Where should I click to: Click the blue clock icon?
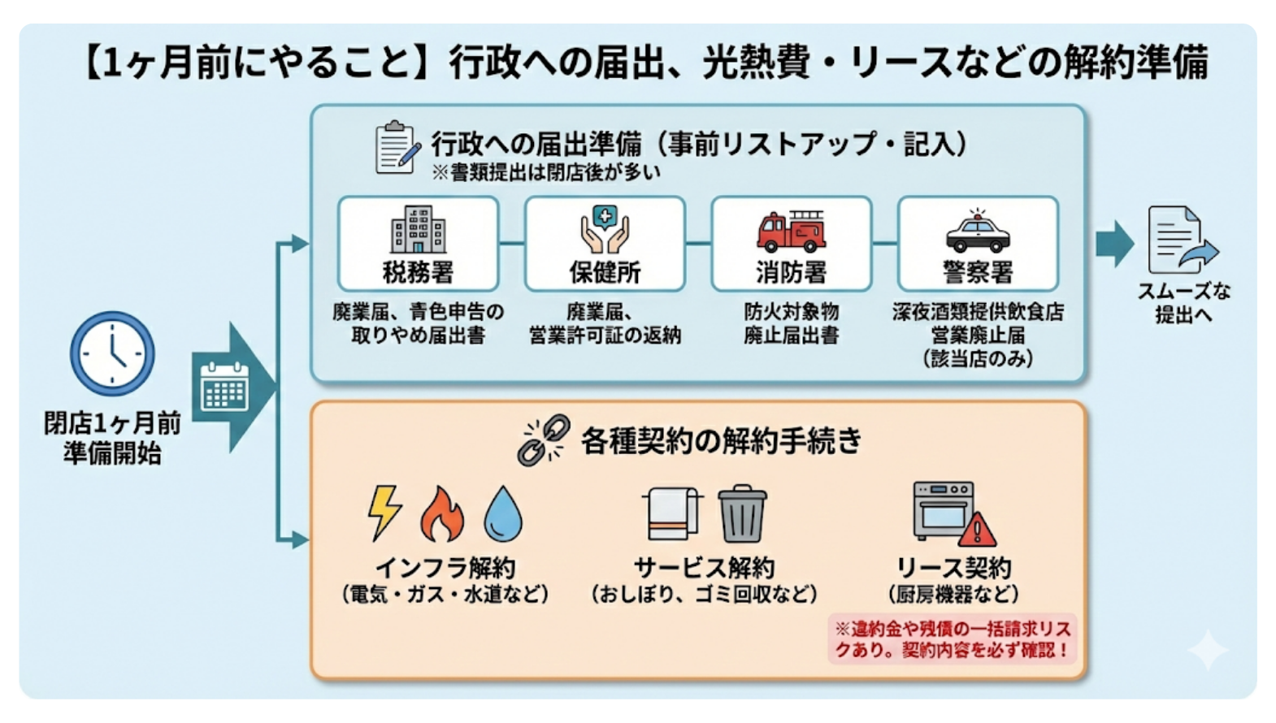112,353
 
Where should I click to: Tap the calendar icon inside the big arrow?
224,387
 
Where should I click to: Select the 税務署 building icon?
418,229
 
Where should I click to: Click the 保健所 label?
605,272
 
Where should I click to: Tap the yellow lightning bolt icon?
384,512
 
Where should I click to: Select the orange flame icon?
442,515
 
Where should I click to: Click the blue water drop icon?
503,514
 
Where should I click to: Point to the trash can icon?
742,513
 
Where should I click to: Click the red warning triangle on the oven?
977,530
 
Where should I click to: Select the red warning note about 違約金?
952,639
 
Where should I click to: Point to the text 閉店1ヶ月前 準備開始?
112,438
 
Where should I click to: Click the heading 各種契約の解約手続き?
720,441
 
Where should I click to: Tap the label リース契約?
953,568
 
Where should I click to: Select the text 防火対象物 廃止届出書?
791,323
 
